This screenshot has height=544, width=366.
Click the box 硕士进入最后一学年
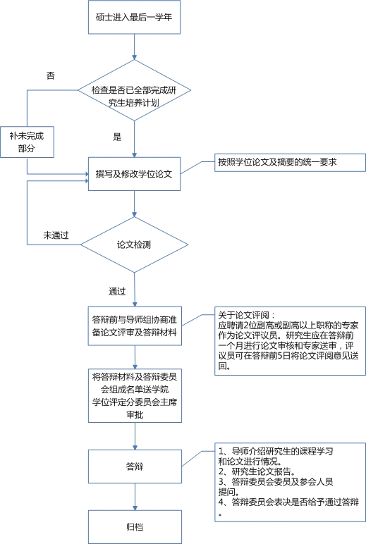pyautogui.click(x=135, y=17)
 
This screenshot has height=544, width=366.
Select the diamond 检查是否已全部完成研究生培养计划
pyautogui.click(x=135, y=90)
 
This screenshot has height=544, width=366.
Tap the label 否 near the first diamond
pyautogui.click(x=51, y=75)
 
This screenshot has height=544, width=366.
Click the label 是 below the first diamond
pyautogui.click(x=117, y=137)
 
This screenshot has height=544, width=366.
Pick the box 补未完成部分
pyautogui.click(x=27, y=142)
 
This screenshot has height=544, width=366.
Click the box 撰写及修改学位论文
pyautogui.click(x=135, y=174)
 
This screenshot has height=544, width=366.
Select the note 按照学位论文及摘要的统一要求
pyautogui.click(x=290, y=162)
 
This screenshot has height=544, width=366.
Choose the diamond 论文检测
pyautogui.click(x=135, y=245)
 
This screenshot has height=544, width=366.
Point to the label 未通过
pyautogui.click(x=56, y=235)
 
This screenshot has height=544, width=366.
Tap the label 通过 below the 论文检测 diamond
pyautogui.click(x=117, y=291)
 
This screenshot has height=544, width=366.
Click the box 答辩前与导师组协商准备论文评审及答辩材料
pyautogui.click(x=135, y=326)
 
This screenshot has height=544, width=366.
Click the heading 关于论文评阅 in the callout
pyautogui.click(x=247, y=315)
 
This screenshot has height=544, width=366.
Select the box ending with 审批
pyautogui.click(x=135, y=395)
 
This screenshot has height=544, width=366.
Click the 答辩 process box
pyautogui.click(x=135, y=466)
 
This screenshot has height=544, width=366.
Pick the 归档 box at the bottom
pyautogui.click(x=135, y=526)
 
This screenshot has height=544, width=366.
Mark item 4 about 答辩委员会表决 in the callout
pyautogui.click(x=288, y=507)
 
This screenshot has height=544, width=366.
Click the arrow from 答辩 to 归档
pyautogui.click(x=135, y=497)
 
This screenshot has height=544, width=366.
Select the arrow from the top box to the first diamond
pyautogui.click(x=135, y=47)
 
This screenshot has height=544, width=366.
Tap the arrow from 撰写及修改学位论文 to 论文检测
pyautogui.click(x=135, y=204)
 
